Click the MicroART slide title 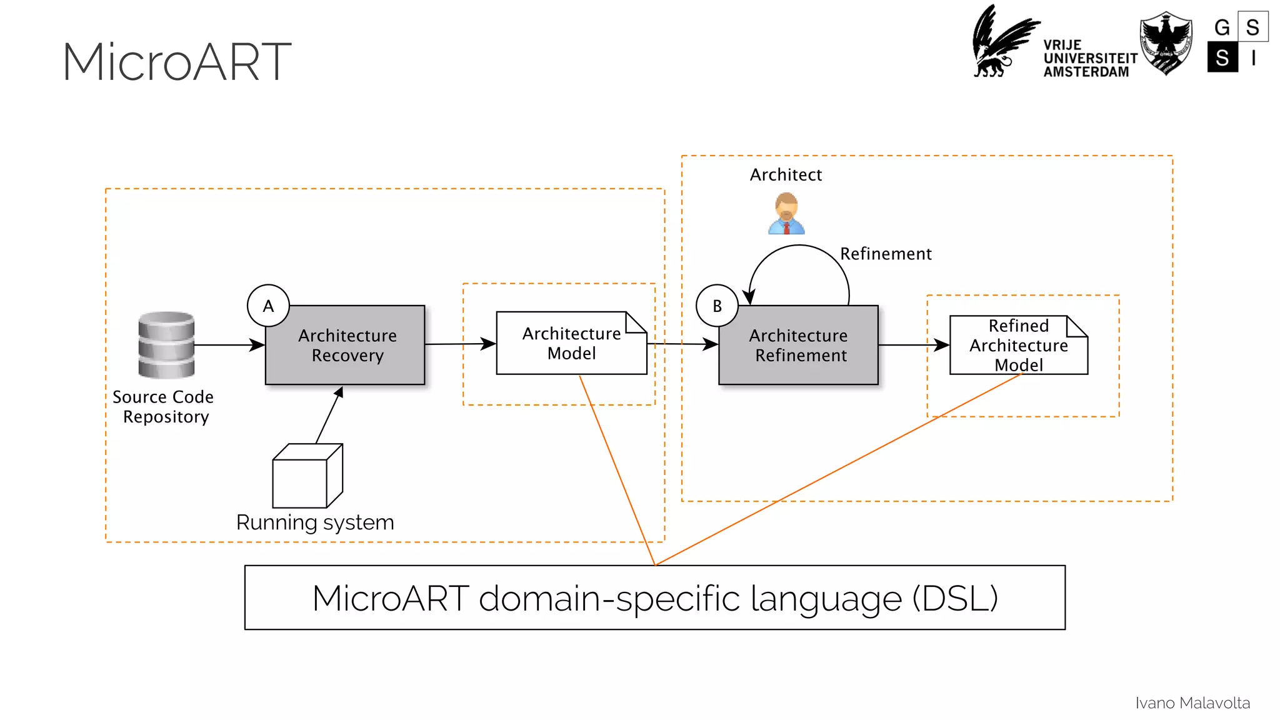[x=177, y=62]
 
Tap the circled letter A [x=268, y=306]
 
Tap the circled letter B [x=717, y=306]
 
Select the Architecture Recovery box [x=345, y=346]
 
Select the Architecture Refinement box [x=798, y=346]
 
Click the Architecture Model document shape [x=571, y=344]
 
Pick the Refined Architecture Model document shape [x=1018, y=345]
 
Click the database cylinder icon [x=166, y=345]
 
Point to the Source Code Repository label [x=164, y=407]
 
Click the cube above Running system [x=307, y=476]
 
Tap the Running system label [x=315, y=522]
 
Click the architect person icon [x=786, y=214]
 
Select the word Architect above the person [x=786, y=175]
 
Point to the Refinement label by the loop [x=885, y=254]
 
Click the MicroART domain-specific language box [x=654, y=597]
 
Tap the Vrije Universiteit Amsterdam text [x=1089, y=59]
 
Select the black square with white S [x=1222, y=57]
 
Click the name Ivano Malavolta [x=1192, y=703]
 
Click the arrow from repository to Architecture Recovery [x=229, y=345]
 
